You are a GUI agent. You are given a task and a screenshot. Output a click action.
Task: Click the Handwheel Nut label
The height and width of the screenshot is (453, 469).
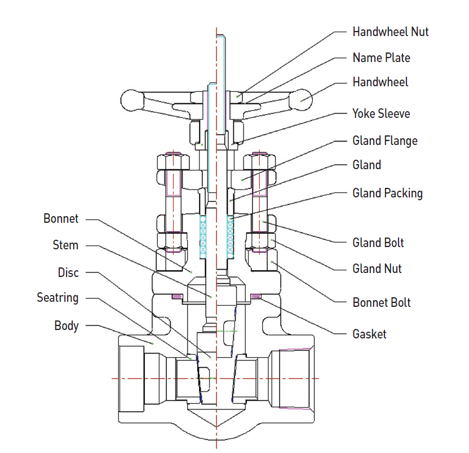(390, 32)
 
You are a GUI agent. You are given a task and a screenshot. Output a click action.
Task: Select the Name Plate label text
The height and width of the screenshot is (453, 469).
(381, 58)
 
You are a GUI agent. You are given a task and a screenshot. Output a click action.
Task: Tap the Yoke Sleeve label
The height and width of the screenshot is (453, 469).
(381, 113)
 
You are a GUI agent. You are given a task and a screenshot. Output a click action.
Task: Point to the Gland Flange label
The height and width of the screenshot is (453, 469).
(385, 140)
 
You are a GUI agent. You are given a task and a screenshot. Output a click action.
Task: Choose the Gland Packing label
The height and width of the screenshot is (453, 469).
(387, 193)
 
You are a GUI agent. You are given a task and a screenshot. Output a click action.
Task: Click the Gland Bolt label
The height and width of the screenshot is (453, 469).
(378, 243)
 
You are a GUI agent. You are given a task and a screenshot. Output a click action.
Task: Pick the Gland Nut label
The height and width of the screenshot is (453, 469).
(377, 269)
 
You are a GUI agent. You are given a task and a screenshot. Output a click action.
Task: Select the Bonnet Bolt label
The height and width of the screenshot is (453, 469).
(381, 302)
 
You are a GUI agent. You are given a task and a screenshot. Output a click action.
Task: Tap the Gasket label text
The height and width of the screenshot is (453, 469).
(369, 334)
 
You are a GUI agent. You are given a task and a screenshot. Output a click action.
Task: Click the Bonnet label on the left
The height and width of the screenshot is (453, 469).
(61, 218)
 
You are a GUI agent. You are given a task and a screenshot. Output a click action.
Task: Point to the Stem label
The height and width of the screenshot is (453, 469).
(65, 245)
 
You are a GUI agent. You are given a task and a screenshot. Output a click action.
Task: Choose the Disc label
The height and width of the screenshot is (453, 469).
(68, 272)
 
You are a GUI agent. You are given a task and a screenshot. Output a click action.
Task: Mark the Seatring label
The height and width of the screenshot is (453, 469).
(57, 297)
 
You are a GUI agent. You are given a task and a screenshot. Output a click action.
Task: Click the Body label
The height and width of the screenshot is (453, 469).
(67, 326)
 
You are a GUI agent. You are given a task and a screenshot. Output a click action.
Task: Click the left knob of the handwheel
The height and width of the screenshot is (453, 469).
(133, 100)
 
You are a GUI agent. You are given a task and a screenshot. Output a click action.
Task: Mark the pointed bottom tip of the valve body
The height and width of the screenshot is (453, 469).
(216, 424)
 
